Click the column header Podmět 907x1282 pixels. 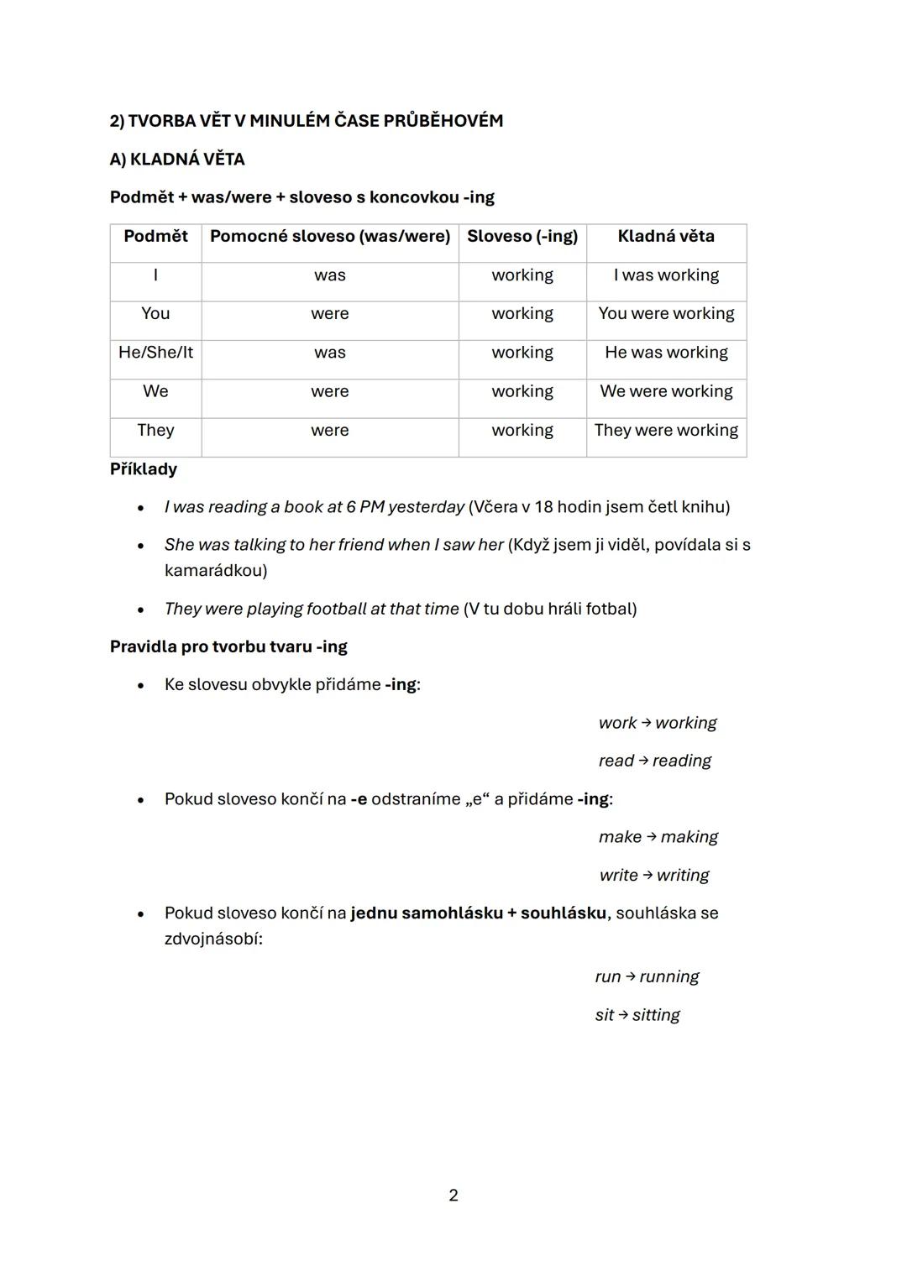point(155,237)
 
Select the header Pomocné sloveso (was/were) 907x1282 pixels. point(330,237)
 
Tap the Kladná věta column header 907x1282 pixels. point(666,237)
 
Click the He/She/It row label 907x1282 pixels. point(155,353)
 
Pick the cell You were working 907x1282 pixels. point(666,314)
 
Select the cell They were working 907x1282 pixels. point(666,431)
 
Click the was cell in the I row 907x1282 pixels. point(330,275)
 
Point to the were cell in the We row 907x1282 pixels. point(330,392)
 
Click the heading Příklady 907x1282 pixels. point(144,469)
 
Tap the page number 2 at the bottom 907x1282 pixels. point(453,1196)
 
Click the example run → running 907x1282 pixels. point(647,977)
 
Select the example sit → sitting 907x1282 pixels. point(637,1015)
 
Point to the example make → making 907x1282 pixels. point(658,837)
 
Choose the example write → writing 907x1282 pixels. point(654,876)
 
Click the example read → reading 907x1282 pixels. point(654,761)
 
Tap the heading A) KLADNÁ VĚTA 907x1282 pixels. point(177,160)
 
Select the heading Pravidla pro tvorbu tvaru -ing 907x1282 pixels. point(228,647)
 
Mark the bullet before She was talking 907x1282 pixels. point(141,546)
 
